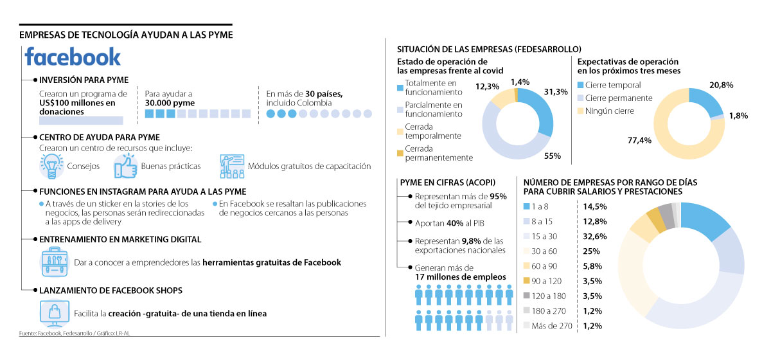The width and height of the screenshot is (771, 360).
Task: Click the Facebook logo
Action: click(x=73, y=57)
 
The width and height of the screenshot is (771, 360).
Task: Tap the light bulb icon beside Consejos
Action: click(x=50, y=166)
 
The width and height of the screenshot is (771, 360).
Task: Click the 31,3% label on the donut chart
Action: click(x=555, y=92)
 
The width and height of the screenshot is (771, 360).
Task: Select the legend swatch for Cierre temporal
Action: click(x=581, y=85)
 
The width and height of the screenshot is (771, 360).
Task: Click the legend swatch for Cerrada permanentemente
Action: click(x=400, y=152)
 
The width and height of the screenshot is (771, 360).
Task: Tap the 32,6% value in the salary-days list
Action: click(x=595, y=236)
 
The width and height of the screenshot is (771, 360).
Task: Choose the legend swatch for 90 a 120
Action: click(x=527, y=281)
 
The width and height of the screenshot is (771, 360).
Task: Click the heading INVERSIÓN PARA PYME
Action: click(x=84, y=80)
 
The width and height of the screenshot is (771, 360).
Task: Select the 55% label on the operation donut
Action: click(x=553, y=156)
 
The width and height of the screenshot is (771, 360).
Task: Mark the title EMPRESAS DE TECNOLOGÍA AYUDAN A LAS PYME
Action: click(x=126, y=34)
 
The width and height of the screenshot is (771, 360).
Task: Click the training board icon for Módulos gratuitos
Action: click(x=231, y=166)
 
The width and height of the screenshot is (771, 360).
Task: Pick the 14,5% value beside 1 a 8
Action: click(x=595, y=206)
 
